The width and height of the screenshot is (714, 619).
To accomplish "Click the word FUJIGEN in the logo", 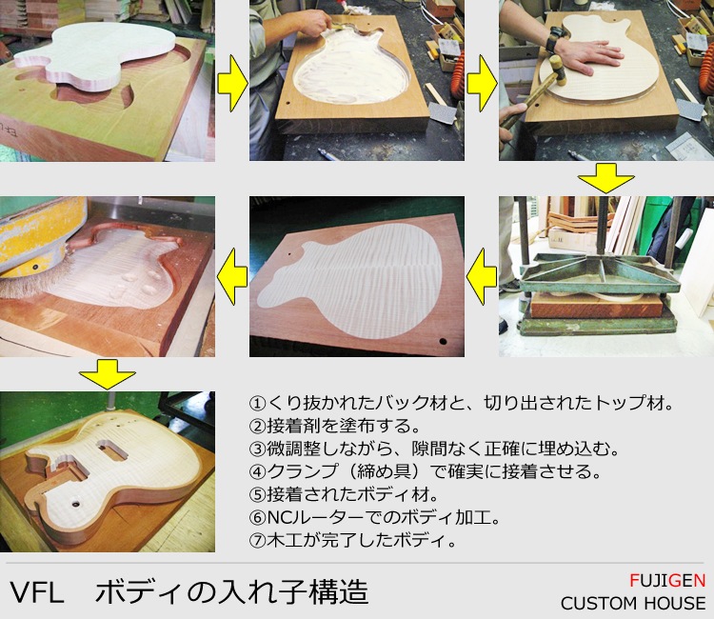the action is click(x=667, y=580).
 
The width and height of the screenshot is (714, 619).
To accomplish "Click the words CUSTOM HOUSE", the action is click(x=633, y=603).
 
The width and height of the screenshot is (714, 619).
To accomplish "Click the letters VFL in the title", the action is click(x=36, y=592).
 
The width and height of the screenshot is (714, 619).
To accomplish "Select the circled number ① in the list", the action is click(x=257, y=403).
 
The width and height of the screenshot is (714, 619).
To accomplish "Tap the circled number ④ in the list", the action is click(x=257, y=471).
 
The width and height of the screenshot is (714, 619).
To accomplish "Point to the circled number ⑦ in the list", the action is click(x=257, y=540).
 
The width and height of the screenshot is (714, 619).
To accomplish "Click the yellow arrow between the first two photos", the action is click(x=232, y=84).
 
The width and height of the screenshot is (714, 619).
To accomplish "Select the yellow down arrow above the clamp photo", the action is click(x=606, y=178).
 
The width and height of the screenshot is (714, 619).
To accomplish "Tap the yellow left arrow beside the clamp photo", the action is click(x=482, y=276).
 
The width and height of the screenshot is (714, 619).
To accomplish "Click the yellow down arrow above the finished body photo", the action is click(x=107, y=374).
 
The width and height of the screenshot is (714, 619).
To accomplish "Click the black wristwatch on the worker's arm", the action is click(x=554, y=39).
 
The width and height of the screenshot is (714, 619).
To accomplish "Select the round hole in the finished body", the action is click(x=75, y=504).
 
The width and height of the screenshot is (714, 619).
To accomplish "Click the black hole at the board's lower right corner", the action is click(x=443, y=341).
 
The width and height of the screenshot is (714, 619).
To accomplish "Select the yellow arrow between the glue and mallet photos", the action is click(x=482, y=84).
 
